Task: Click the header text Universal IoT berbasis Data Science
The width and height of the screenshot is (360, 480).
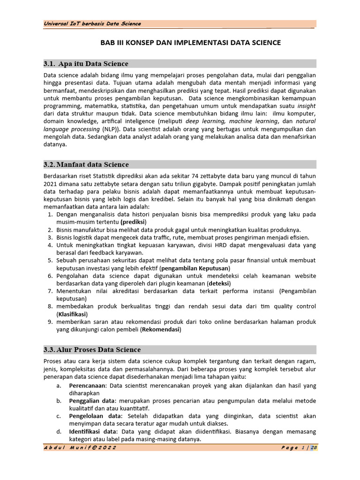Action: pos(92,24)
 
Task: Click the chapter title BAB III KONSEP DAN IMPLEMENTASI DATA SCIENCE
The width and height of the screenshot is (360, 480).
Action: pos(191,43)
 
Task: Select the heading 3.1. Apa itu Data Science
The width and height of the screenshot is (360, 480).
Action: pos(86,64)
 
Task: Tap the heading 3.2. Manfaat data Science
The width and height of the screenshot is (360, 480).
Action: pos(86,165)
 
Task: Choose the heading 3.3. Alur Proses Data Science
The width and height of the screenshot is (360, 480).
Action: pos(92,350)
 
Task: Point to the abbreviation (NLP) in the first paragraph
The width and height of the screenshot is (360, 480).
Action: pos(110,129)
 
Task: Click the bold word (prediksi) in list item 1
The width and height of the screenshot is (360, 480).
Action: pos(134,222)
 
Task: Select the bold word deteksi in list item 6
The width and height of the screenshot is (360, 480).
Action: pos(219,284)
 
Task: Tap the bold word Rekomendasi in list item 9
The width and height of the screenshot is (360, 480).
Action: pos(160,330)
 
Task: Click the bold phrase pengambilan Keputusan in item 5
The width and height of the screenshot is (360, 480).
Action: pos(195,268)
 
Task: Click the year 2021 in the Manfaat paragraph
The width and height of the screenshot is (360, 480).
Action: pos(51,184)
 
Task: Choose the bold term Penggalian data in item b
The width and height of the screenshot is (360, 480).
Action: pos(92,401)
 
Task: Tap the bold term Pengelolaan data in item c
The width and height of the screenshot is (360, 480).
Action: pos(94,416)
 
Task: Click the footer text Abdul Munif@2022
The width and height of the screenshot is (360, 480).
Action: pos(80,448)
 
